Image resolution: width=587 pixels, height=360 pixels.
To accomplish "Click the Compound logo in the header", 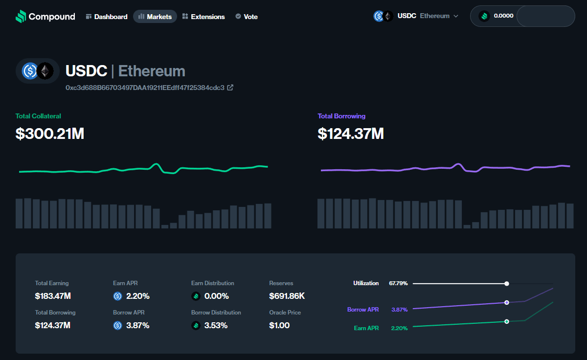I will (45, 17).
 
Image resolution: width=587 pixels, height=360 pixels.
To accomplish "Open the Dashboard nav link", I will (107, 17).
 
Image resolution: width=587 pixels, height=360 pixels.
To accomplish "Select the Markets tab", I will (155, 17).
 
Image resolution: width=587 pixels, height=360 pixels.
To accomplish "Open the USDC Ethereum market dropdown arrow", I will (456, 16).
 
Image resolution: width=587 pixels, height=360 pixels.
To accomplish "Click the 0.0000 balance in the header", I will (503, 16).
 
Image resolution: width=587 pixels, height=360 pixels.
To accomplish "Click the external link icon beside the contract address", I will (230, 88).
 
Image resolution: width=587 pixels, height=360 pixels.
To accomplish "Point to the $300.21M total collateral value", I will (50, 134).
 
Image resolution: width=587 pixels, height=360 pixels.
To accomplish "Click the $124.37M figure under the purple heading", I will (350, 134).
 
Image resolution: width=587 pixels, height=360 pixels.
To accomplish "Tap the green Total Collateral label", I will (38, 116).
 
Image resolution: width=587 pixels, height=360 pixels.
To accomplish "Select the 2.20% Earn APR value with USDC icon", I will (137, 296).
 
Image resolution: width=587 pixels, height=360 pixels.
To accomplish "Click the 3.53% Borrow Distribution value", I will (216, 325).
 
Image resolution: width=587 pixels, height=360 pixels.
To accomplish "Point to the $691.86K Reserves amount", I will (287, 296).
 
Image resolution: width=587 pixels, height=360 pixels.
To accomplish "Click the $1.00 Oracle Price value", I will (279, 325).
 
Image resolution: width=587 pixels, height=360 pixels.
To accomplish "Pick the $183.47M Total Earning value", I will (53, 296).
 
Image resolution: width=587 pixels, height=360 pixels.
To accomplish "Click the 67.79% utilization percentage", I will (398, 283).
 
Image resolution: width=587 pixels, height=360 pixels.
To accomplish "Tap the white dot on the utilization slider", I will (507, 284).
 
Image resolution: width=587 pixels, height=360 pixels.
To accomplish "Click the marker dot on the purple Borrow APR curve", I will (507, 302).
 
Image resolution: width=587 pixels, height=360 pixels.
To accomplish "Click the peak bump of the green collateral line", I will (157, 164).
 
